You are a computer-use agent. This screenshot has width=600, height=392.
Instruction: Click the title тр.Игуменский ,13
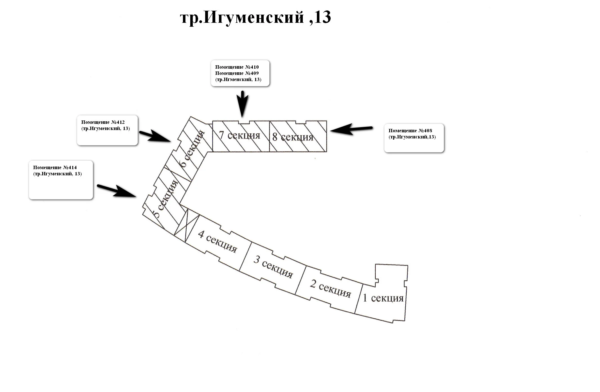tap(255, 17)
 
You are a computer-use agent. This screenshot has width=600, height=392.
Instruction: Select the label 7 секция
tap(239, 135)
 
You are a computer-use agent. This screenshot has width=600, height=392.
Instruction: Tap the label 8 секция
tap(293, 137)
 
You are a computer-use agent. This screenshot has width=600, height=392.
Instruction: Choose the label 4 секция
tap(218, 242)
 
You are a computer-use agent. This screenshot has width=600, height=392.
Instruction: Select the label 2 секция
tap(330, 288)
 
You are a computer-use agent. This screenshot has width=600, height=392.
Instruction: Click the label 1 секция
tap(383, 298)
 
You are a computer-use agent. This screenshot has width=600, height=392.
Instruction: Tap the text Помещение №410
tap(237, 67)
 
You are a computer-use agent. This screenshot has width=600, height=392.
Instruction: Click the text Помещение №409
tap(237, 73)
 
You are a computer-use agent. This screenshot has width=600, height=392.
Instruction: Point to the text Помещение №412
tap(103, 122)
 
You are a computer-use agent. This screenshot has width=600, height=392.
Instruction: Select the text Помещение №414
tap(55, 167)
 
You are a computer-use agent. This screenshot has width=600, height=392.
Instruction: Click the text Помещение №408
tap(410, 131)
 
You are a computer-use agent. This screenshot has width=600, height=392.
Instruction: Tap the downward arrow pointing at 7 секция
tap(242, 103)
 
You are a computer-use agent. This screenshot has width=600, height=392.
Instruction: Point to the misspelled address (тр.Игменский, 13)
tap(238, 79)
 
